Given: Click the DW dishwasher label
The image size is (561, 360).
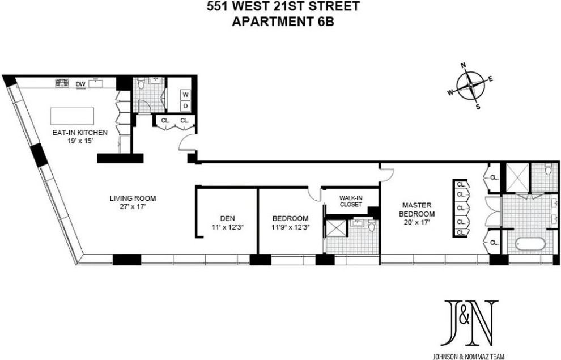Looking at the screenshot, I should coord(81,84).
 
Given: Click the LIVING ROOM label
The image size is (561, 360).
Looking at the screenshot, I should coord(133,198).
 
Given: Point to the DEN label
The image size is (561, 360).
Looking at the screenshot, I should coord(227,218).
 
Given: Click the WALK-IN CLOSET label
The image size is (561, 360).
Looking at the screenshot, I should coord(351,201).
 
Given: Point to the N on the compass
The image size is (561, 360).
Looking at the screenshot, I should coord(463,66).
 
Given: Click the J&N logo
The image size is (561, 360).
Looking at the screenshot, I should coord(471,323).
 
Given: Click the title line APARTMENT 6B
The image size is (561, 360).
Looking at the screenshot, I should coord(282,22).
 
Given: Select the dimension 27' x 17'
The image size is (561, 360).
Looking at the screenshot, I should coord(133,206).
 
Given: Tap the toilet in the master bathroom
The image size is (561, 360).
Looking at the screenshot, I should coord(549,170).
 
